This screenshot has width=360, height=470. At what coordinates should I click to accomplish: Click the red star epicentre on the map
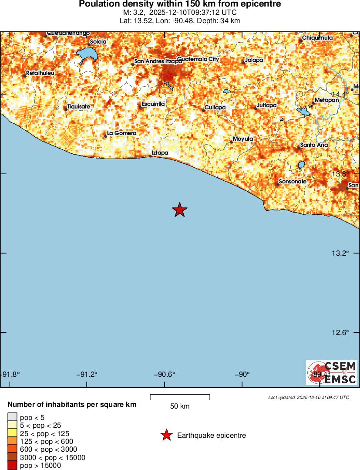pos(179,210)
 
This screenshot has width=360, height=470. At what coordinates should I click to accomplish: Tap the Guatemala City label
pos(198,59)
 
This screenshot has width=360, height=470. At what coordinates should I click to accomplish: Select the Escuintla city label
pos(153,104)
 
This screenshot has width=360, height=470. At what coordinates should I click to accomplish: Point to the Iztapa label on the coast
pos(160,153)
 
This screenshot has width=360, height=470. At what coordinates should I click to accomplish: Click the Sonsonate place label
pos(293,181)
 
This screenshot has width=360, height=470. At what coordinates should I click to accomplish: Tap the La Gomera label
pos(122,133)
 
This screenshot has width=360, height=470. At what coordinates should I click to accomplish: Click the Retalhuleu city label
pos(40,73)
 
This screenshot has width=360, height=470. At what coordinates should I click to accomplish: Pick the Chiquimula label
pos(317,38)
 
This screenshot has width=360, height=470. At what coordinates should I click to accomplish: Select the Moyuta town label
pos(243,139)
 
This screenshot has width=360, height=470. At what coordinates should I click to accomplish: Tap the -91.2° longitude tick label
pos(87,374)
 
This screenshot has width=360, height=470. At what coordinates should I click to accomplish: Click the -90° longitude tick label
pos(242,374)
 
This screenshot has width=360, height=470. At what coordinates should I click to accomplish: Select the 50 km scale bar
pos(180,397)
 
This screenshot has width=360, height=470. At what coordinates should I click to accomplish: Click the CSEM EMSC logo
pos(332,372)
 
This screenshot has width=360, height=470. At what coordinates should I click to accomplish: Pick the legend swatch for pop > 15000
pos(13,466)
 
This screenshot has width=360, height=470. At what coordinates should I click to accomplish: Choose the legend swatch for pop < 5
pos(13,417)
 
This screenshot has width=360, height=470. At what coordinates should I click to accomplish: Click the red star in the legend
pos(166,435)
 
